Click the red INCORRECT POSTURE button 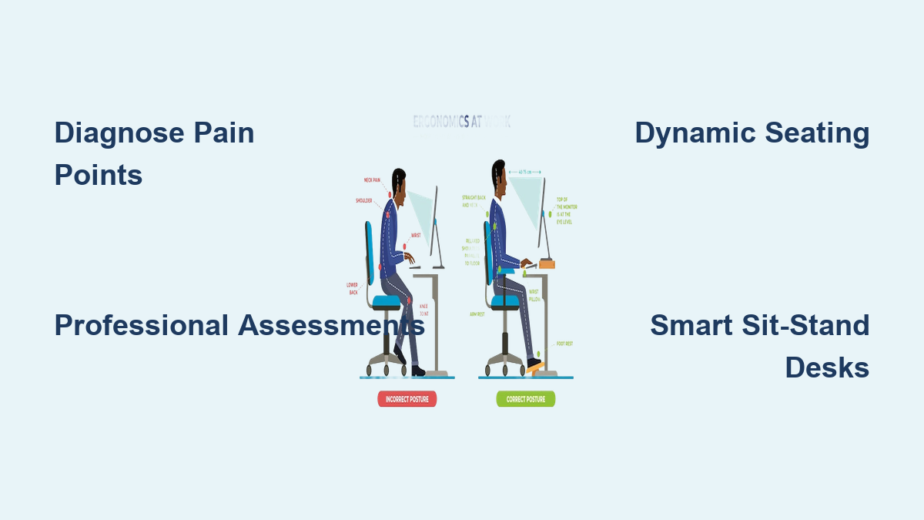(407, 399)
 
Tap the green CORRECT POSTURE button (525, 399)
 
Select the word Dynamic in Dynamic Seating (693, 133)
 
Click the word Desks (827, 367)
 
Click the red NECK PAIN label (373, 180)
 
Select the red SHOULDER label (363, 200)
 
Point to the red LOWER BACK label (352, 289)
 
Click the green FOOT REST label (564, 344)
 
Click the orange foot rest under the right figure (535, 367)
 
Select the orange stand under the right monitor (547, 264)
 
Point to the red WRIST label (416, 236)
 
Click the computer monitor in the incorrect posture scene (435, 223)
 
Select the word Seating (818, 133)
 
